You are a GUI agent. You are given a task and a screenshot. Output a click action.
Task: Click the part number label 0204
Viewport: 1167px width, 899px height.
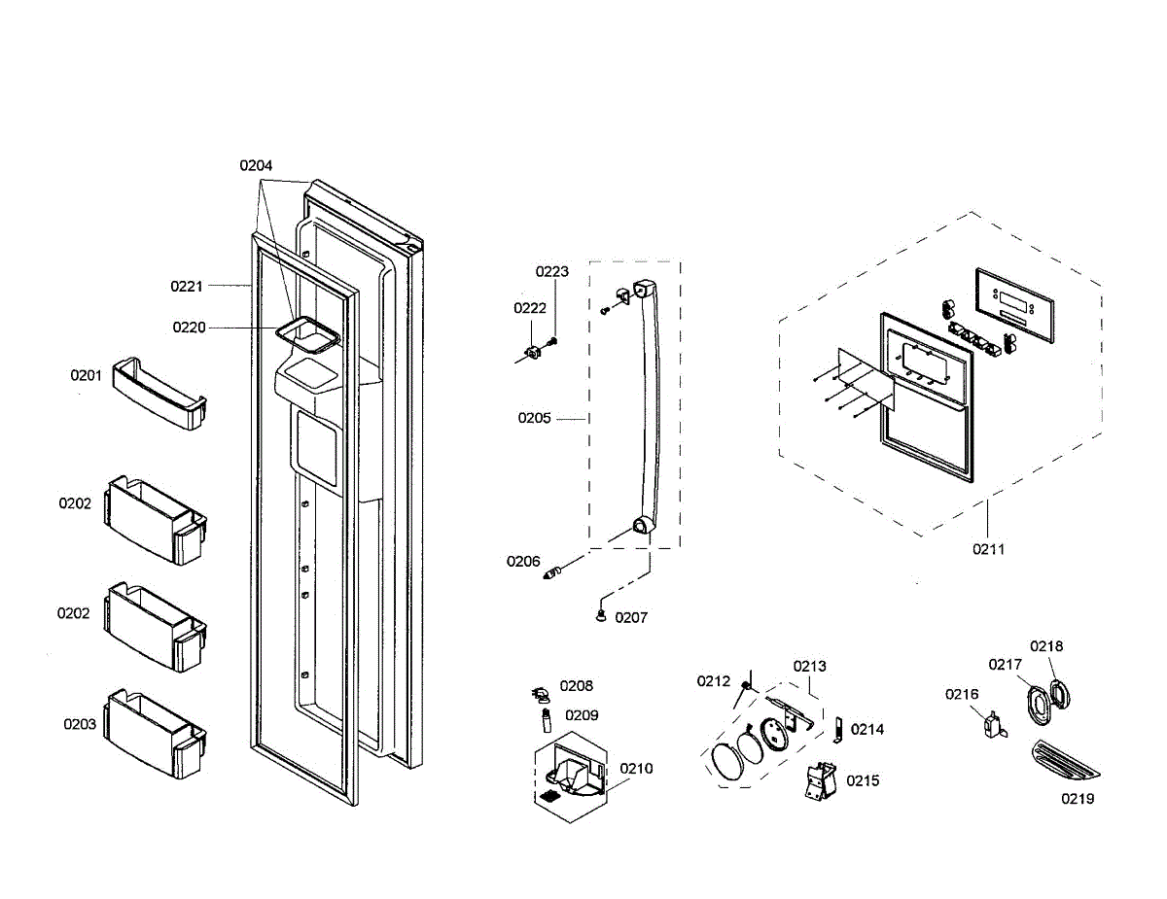pyautogui.click(x=256, y=165)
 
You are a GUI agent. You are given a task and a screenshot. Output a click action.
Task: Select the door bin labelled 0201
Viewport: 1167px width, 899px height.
pyautogui.click(x=159, y=394)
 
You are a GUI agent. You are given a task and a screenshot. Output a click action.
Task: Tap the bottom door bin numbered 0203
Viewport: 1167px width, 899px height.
pyautogui.click(x=156, y=733)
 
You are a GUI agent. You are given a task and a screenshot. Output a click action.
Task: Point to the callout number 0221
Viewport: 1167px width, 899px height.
pyautogui.click(x=187, y=286)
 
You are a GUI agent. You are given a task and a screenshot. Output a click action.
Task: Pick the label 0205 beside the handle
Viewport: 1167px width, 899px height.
pyautogui.click(x=534, y=418)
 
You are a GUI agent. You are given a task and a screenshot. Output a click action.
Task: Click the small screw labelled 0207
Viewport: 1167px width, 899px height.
pyautogui.click(x=601, y=616)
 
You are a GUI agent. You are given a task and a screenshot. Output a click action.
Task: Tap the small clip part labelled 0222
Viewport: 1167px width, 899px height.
pyautogui.click(x=534, y=353)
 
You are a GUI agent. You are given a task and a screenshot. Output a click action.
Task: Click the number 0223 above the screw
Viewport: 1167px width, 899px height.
pyautogui.click(x=552, y=271)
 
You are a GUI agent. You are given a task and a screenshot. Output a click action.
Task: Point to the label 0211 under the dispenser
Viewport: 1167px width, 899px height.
pyautogui.click(x=988, y=549)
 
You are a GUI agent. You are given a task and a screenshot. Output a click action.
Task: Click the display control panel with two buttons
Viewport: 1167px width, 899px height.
pyautogui.click(x=1014, y=305)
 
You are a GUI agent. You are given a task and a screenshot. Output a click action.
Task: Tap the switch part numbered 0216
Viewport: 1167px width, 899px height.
pyautogui.click(x=994, y=725)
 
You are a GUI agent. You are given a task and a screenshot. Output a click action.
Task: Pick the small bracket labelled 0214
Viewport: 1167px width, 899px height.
pyautogui.click(x=837, y=730)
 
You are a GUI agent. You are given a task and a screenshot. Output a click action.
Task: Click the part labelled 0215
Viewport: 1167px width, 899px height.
pyautogui.click(x=820, y=779)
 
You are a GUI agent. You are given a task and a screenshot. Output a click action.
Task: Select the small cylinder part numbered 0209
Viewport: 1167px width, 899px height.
pyautogui.click(x=547, y=720)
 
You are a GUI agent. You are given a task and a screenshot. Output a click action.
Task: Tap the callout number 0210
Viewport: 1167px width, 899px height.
pyautogui.click(x=636, y=769)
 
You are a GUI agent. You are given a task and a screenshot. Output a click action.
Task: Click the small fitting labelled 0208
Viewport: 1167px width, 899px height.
pyautogui.click(x=541, y=694)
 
